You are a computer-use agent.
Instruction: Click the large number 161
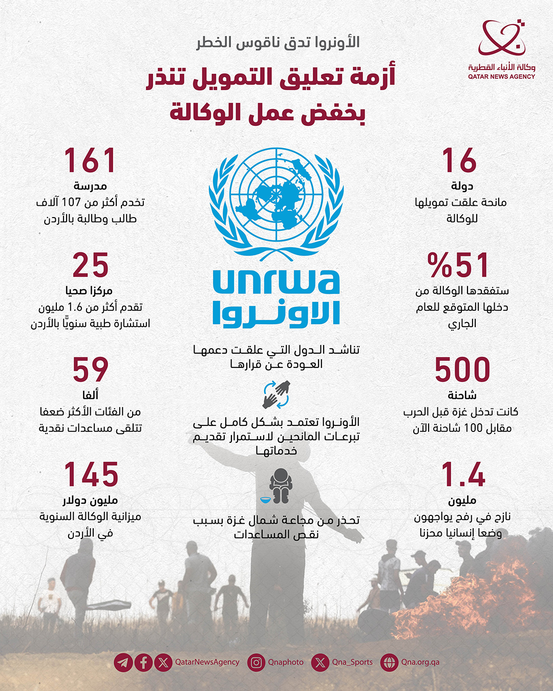90,161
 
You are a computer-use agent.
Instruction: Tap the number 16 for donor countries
459,161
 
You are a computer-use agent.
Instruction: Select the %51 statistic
458,265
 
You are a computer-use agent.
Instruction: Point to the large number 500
462,370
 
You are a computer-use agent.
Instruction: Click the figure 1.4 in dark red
463,474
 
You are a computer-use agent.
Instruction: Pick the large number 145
91,474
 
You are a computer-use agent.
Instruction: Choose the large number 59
91,370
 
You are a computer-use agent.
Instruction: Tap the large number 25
91,265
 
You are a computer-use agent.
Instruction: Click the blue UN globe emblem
276,202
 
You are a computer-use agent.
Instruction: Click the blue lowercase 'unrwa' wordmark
276,282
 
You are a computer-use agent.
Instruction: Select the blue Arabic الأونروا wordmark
276,314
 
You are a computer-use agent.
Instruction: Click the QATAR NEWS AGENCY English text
501,77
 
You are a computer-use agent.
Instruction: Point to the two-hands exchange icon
276,394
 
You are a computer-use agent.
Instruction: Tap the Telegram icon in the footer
123,662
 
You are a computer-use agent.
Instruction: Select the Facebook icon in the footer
143,662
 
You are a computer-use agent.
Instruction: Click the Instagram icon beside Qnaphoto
256,662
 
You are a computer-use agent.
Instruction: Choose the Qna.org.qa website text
420,662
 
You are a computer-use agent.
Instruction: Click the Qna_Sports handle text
352,662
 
